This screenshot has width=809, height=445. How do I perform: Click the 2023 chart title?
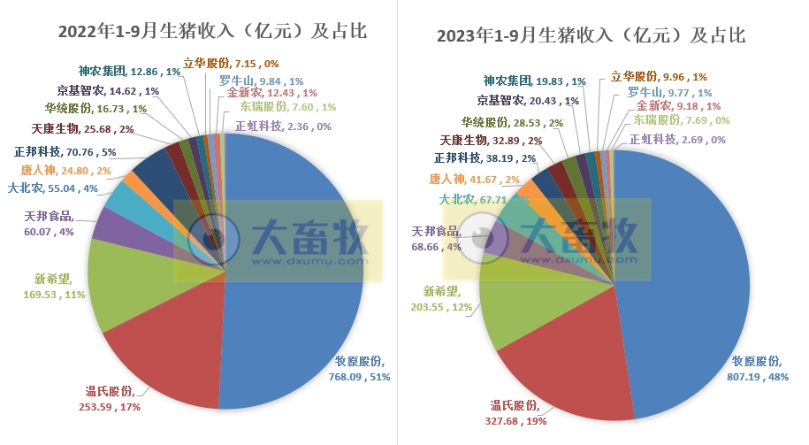pyautogui.click(x=591, y=36)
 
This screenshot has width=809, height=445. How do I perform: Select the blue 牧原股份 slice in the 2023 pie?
pyautogui.click(x=690, y=265)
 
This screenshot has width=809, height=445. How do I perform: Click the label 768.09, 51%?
pyautogui.click(x=359, y=369)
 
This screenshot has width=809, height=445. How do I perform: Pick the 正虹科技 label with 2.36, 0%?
pyautogui.click(x=282, y=126)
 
